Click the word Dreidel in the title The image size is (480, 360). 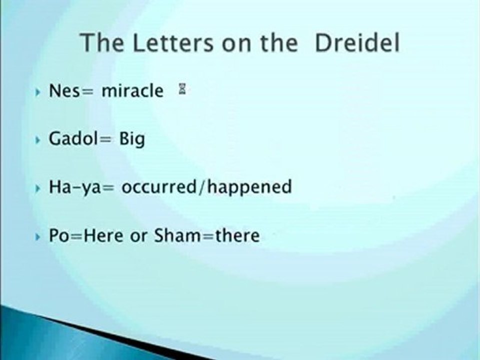click(x=357, y=43)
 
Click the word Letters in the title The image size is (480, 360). click(x=170, y=43)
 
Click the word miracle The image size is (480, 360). click(x=132, y=91)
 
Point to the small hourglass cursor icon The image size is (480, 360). click(x=182, y=90)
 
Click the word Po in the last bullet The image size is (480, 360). click(x=56, y=234)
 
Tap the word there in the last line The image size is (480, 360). click(x=237, y=234)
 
